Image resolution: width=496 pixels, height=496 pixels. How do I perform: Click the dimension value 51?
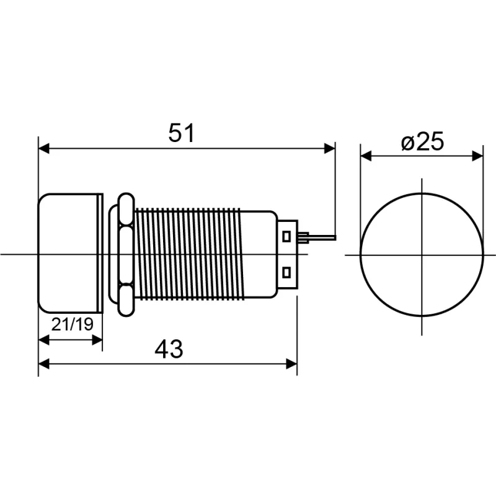click(181, 133)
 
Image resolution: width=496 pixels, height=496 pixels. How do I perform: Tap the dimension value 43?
click(169, 350)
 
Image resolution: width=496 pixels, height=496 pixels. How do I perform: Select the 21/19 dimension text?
click(73, 324)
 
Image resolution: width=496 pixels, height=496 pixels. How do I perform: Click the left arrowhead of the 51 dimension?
click(44, 148)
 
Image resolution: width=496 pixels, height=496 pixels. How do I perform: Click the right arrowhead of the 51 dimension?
click(330, 148)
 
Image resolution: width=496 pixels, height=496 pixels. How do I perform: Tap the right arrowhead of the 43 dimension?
click(291, 364)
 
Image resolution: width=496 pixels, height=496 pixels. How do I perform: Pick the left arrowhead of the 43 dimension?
click(44, 364)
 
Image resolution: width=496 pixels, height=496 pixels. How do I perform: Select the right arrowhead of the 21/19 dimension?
click(97, 340)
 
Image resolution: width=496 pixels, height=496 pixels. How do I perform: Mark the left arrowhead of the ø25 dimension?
click(366, 156)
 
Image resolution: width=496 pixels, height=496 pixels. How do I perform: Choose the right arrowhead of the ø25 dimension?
click(477, 156)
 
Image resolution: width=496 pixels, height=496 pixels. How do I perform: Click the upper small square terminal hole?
click(286, 236)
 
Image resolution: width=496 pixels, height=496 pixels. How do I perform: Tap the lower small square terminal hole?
click(286, 272)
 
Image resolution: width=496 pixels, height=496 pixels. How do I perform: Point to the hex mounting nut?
click(126, 255)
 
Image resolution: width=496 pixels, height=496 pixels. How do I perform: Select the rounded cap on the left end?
click(70, 253)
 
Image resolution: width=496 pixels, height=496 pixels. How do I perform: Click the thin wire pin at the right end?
click(322, 237)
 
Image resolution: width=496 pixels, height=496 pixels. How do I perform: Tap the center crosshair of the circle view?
click(422, 255)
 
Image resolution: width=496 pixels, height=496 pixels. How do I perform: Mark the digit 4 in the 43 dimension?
click(161, 350)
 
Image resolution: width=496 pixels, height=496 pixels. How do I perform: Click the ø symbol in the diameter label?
click(408, 143)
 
